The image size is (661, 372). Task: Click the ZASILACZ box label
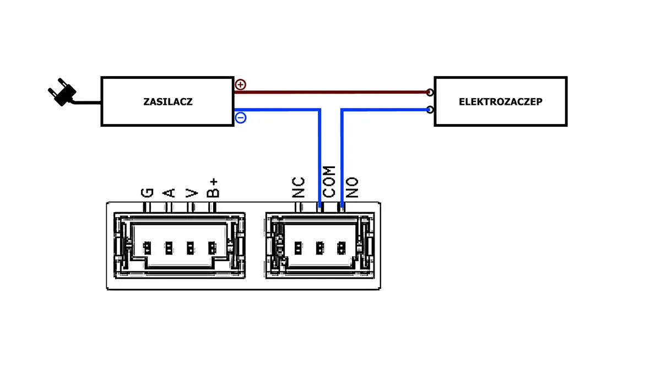pos(167,102)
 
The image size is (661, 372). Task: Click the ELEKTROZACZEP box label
pos(500,102)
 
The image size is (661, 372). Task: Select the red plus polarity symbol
pos(241,85)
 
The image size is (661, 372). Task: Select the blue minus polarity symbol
pos(241,117)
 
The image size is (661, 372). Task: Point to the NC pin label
pos(299,187)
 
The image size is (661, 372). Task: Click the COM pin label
pos(329,182)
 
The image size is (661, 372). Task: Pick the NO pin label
pos(352,187)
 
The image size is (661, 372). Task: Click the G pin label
pos(147,192)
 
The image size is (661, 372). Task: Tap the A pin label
pos(169,192)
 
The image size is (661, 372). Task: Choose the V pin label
pos(191,192)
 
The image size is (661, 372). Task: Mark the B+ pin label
pos(213,188)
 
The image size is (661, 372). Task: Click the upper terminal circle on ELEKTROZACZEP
pos(430,92)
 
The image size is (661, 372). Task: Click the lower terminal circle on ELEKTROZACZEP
pos(430,110)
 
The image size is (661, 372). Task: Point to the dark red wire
pos(330,91)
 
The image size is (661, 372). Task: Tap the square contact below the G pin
pos(147,247)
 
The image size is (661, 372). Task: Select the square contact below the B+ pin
pos(212,247)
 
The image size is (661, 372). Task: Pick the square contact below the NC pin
pos(298,247)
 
